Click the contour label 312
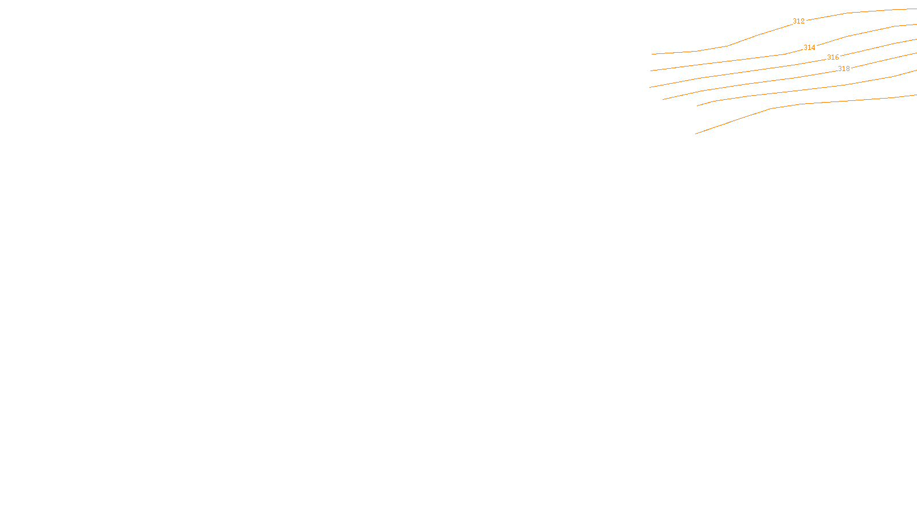tap(798, 21)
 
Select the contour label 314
tap(809, 48)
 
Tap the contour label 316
tap(833, 57)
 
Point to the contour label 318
tap(844, 69)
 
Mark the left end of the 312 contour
tap(652, 54)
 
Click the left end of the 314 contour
tap(651, 71)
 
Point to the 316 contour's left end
tap(650, 87)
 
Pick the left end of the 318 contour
tap(663, 99)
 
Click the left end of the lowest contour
tap(696, 134)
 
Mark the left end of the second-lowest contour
tap(697, 105)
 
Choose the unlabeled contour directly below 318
tap(802, 90)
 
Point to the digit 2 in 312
tap(802, 21)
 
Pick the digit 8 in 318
tap(848, 69)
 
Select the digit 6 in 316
tap(837, 57)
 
